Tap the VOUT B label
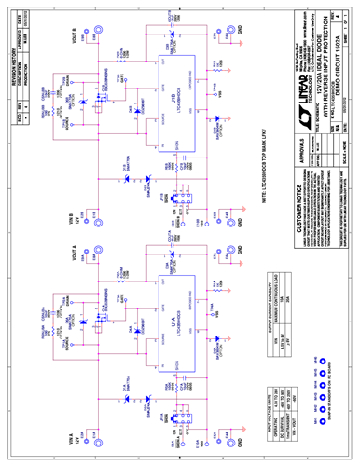(74, 38)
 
